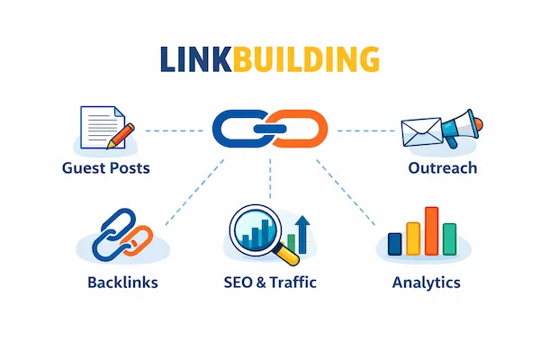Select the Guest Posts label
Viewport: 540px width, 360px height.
[106, 168]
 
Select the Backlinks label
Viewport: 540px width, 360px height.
[122, 283]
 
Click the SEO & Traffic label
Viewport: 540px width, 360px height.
[269, 283]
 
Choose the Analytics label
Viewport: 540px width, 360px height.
[426, 283]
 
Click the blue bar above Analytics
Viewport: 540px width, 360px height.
[395, 243]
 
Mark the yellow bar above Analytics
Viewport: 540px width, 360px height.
[414, 238]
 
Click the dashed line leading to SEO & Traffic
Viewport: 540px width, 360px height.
[270, 180]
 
